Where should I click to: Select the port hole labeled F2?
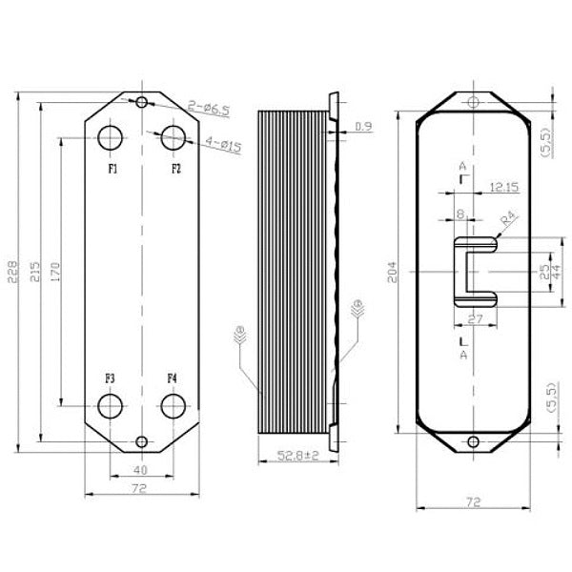[174, 137]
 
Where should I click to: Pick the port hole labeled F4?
[174, 405]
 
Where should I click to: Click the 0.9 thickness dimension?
[363, 126]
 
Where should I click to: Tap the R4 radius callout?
[510, 220]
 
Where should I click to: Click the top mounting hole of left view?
[142, 102]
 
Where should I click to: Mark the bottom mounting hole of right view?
[473, 441]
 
